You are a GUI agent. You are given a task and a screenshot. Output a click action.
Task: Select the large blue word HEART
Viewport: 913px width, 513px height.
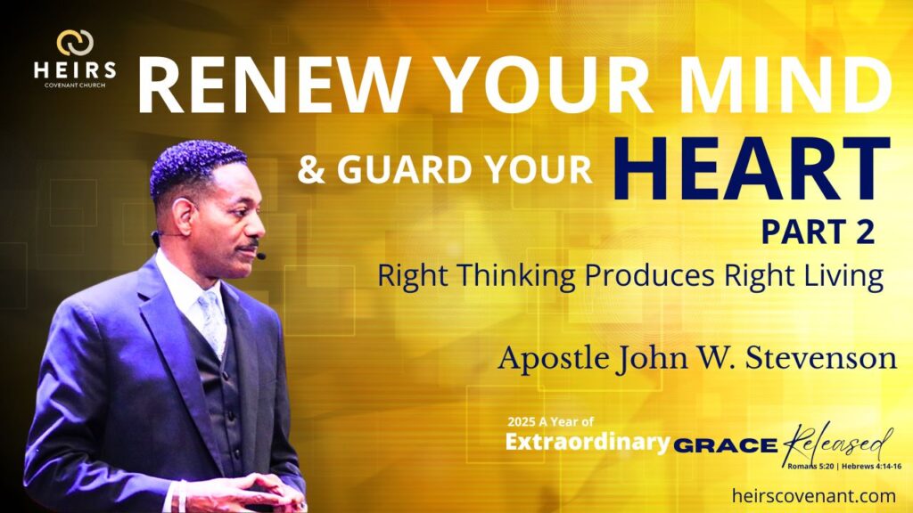(752, 168)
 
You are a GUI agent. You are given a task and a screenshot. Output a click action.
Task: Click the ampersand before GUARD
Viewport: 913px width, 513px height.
(311, 171)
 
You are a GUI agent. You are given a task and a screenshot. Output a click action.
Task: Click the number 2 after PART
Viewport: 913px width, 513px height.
(865, 232)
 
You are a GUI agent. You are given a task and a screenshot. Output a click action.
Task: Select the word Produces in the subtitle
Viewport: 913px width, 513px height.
(649, 275)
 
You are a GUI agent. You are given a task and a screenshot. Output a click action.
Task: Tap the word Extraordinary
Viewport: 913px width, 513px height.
(588, 443)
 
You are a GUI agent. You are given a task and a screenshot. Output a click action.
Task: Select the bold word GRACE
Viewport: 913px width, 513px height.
(726, 446)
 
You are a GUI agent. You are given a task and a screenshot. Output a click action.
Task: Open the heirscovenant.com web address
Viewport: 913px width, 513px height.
(814, 496)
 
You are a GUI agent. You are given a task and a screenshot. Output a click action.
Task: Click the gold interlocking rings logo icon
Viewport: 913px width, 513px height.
(75, 43)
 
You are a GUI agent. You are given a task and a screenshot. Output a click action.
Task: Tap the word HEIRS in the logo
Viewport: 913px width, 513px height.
(75, 70)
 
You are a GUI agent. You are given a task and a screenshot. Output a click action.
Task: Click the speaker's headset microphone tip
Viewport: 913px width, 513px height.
(261, 256)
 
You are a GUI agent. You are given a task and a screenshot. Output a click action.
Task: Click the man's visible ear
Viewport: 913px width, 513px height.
(184, 217)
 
